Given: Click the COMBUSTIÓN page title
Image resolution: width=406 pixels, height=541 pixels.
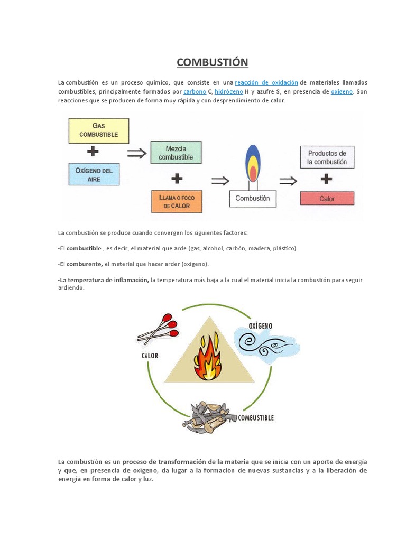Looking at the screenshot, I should click(x=212, y=62).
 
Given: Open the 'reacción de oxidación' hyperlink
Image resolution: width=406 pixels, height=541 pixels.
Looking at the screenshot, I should click(x=266, y=83).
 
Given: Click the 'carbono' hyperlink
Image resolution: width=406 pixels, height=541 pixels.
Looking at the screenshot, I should click(x=195, y=92).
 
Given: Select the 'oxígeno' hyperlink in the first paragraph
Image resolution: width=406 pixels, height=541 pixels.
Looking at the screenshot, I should click(x=342, y=92).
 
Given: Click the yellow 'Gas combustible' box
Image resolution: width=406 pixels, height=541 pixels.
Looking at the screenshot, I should click(x=98, y=130).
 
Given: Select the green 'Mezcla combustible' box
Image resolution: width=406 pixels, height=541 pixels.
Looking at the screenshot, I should click(x=176, y=153).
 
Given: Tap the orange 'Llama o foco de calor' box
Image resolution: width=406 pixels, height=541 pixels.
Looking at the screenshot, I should click(x=176, y=201).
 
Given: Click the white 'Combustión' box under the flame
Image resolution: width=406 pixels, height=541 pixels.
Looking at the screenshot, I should click(x=253, y=199).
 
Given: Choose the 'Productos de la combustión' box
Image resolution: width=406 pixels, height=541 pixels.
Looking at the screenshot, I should click(x=327, y=157).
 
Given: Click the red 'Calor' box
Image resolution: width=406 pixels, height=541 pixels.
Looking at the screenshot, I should click(x=327, y=199).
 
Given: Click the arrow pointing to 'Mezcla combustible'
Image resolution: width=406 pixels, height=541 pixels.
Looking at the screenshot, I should click(x=136, y=153).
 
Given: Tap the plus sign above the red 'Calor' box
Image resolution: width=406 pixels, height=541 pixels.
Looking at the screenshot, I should click(x=327, y=180).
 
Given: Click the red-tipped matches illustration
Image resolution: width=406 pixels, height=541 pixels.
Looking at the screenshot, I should click(x=159, y=329).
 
